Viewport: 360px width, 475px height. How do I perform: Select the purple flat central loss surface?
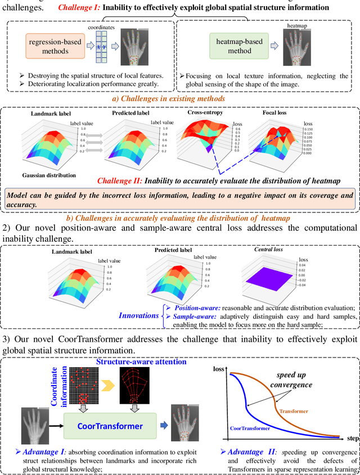click(x=269, y=279)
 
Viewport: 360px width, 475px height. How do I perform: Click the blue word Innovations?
click(x=138, y=315)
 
